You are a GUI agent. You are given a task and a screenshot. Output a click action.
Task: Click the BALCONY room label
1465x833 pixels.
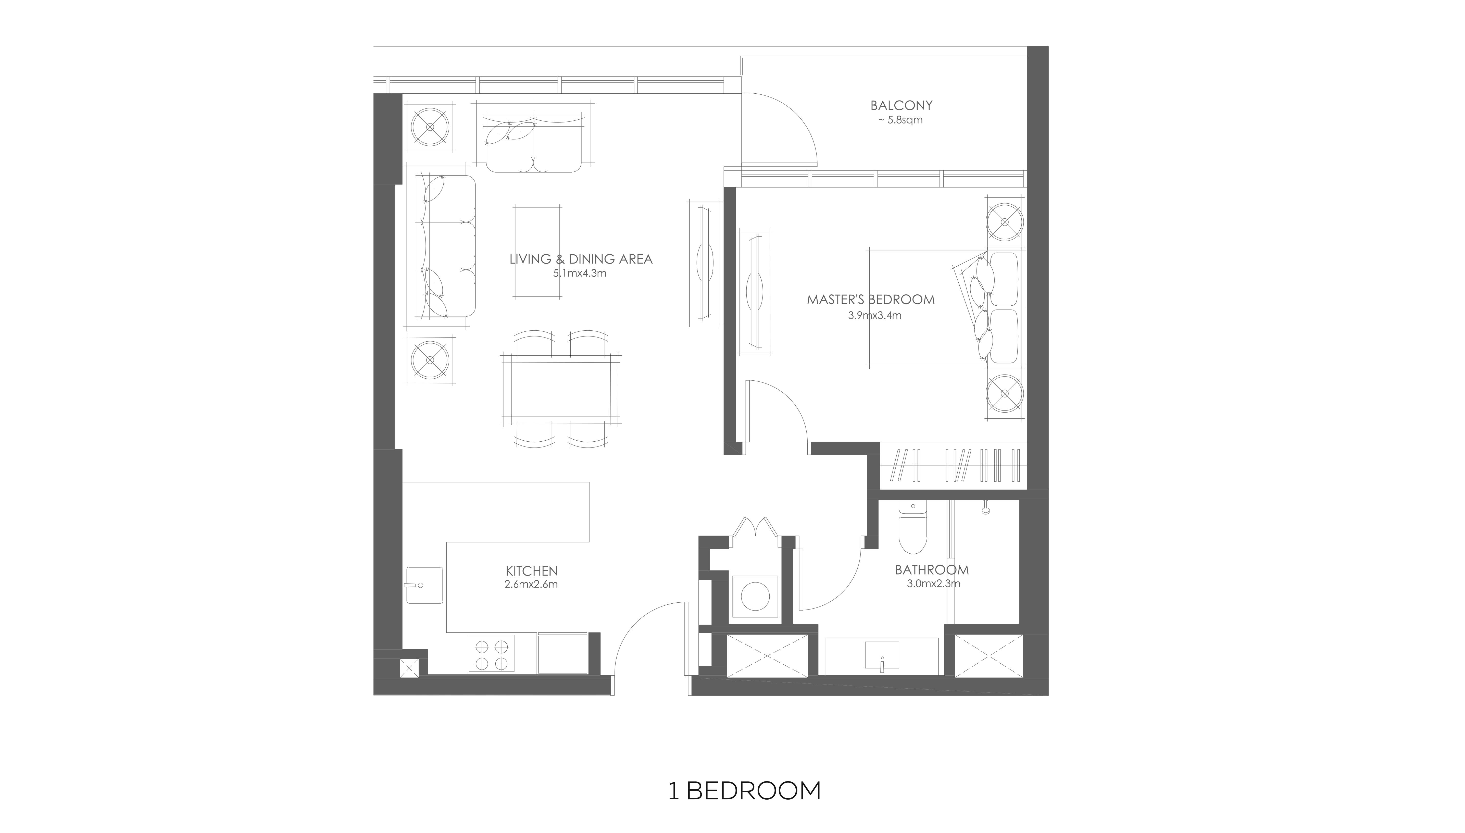coord(901,105)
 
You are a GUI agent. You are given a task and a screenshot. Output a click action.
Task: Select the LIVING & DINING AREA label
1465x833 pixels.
coord(581,259)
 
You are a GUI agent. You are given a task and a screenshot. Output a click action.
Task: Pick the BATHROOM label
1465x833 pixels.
coord(932,570)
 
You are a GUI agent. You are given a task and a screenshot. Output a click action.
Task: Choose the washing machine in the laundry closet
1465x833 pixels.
coord(755,596)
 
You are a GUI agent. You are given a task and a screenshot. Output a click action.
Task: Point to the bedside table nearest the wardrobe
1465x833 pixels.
coord(1005,394)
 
